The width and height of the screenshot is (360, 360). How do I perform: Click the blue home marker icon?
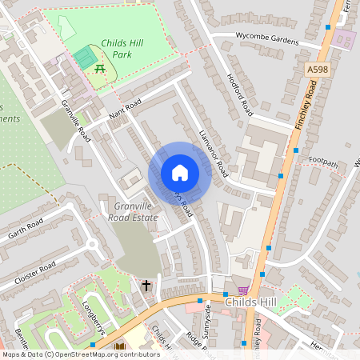pos(180,173)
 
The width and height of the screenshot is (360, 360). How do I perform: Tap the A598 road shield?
pos(317,71)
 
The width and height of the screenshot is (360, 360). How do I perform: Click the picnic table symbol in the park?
pos(101,69)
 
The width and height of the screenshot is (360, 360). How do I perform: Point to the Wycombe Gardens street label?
pos(266,37)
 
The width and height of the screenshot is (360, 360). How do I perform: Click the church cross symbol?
pos(146,285)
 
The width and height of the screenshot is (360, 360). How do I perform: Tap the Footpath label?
pos(323,162)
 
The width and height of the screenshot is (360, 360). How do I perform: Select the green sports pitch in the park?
pos(84,58)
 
